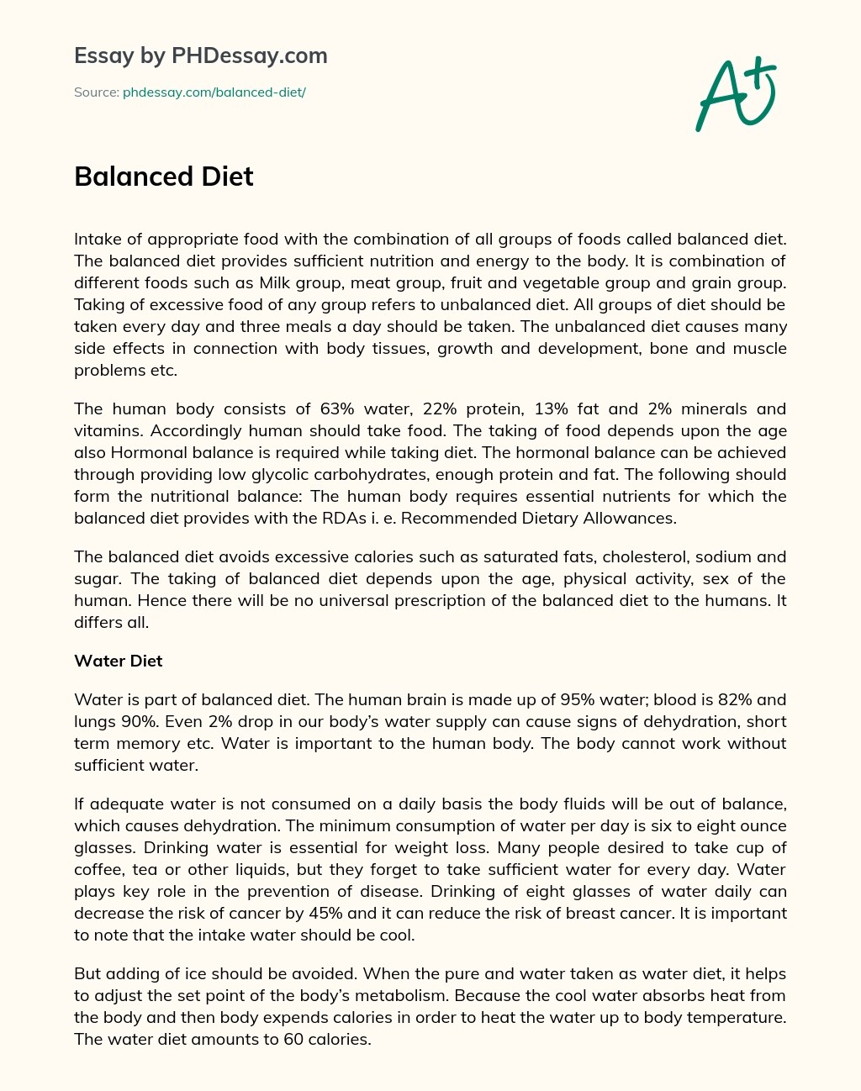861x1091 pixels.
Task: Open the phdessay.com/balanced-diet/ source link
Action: (214, 92)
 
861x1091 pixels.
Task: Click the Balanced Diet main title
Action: (163, 177)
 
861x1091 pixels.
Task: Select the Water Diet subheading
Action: (118, 661)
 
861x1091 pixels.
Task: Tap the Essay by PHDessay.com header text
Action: (200, 56)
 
